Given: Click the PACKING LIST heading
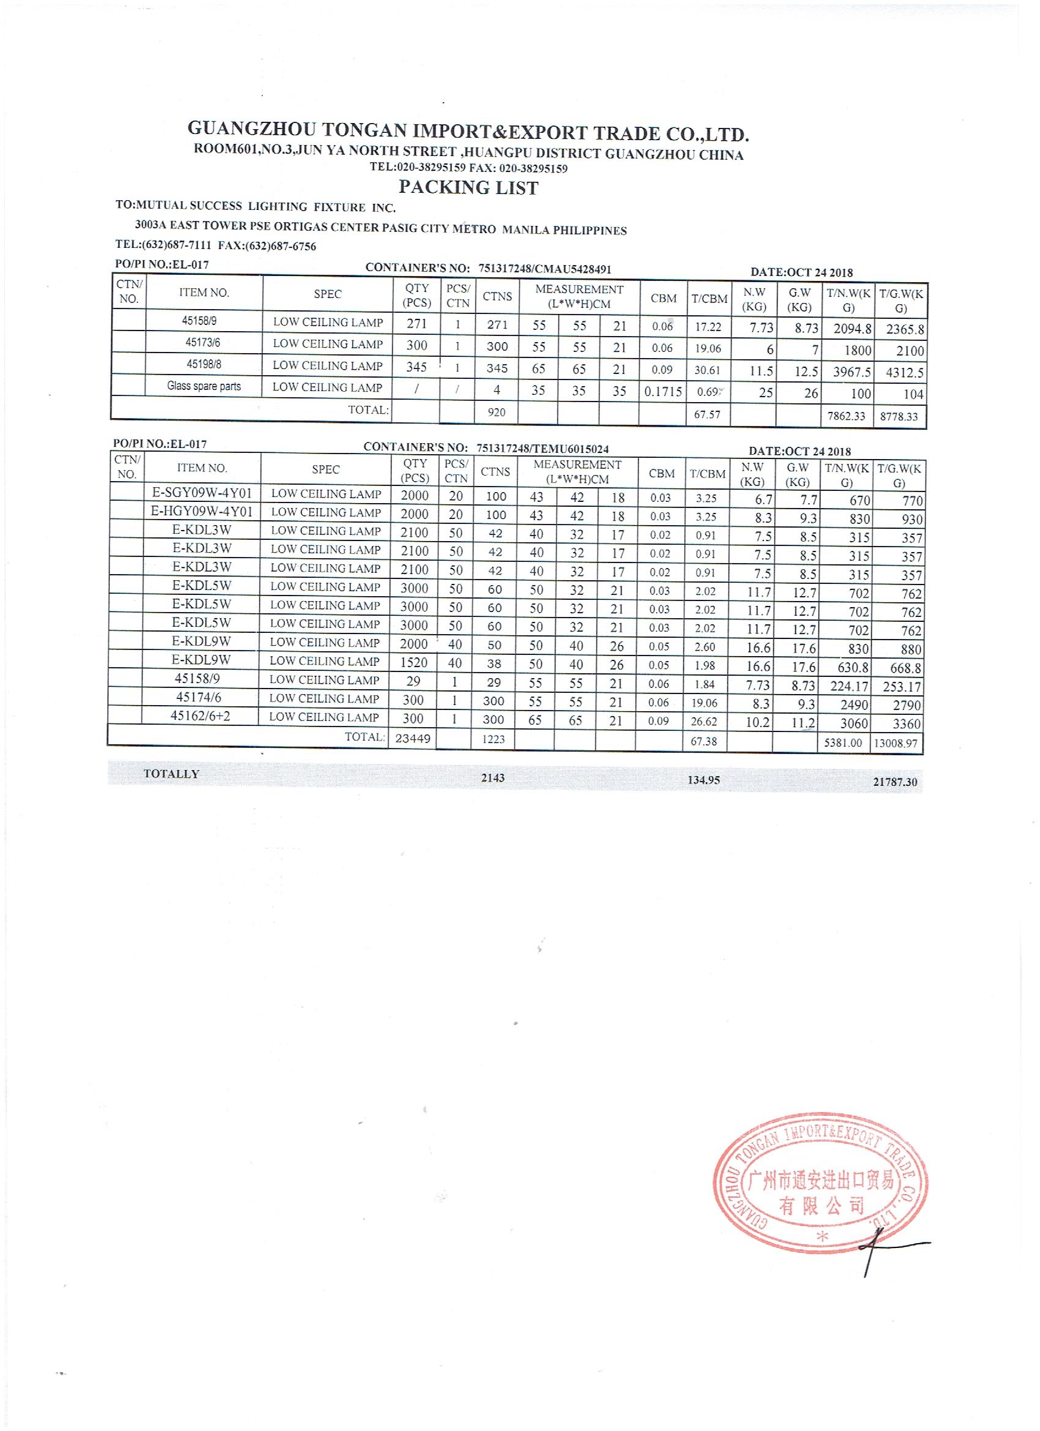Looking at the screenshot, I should click(x=468, y=187).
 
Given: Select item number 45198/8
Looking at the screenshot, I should click(x=202, y=365).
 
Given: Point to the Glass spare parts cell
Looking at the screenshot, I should click(x=204, y=386).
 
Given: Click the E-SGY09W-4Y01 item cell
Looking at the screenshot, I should click(x=202, y=493).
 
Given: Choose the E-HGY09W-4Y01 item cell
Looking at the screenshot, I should click(x=202, y=512).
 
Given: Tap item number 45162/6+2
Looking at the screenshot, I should click(x=199, y=716).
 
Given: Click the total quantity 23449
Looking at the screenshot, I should click(x=412, y=738).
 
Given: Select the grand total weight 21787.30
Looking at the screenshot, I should click(x=895, y=782).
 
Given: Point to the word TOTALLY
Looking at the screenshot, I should click(x=171, y=774).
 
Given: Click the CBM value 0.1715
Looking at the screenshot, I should click(x=663, y=391).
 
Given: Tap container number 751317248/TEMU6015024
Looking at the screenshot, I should click(x=543, y=449).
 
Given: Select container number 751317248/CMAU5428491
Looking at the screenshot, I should click(x=545, y=269).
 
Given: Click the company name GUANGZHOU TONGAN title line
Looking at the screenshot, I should click(x=468, y=132).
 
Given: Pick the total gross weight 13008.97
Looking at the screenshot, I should click(x=895, y=743).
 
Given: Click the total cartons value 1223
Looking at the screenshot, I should click(x=493, y=739).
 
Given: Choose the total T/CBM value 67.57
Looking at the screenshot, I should click(x=707, y=414).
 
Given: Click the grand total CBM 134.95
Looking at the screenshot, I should click(x=704, y=780).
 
